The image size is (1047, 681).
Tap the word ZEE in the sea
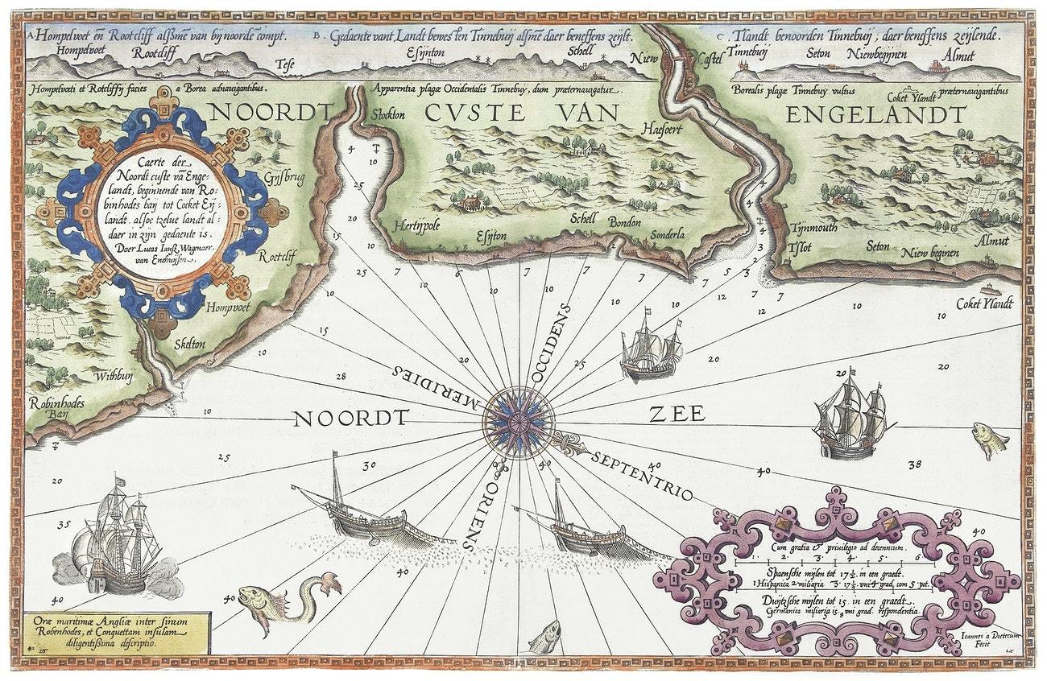(x=677, y=415)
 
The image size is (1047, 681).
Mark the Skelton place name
(x=188, y=344)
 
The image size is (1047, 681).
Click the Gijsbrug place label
(x=283, y=178)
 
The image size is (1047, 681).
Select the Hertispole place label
(x=416, y=227)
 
